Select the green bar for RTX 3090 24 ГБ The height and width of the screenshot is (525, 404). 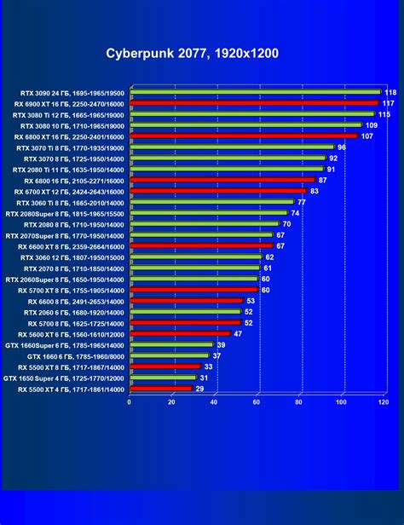pyautogui.click(x=255, y=92)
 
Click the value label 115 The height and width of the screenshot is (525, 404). pyautogui.click(x=384, y=113)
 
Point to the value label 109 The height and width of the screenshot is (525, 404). pyautogui.click(x=372, y=124)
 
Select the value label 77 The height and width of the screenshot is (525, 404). pyautogui.click(x=301, y=202)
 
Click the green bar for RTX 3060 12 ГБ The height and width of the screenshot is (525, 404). pyautogui.click(x=195, y=257)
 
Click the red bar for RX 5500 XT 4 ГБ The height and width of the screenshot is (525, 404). pyautogui.click(x=160, y=389)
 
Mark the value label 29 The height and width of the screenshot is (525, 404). pyautogui.click(x=199, y=389)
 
